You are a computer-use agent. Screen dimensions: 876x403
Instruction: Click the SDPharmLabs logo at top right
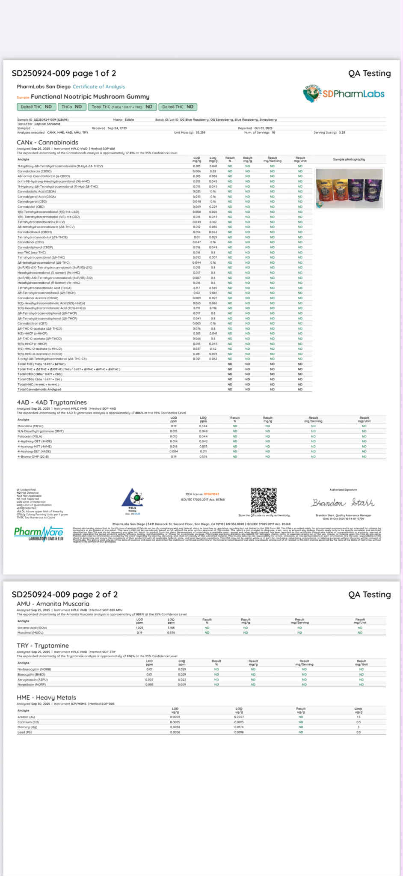click(x=344, y=93)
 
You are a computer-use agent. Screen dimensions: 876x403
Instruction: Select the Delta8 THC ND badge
click(x=178, y=107)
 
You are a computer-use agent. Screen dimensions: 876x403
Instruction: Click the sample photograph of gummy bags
click(x=349, y=188)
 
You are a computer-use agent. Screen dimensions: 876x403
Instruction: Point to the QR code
click(x=264, y=500)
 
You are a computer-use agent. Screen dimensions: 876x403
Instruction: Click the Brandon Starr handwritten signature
click(x=343, y=502)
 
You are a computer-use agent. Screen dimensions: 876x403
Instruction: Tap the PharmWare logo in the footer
click(x=39, y=533)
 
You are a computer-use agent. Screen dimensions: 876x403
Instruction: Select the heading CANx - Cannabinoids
click(x=47, y=142)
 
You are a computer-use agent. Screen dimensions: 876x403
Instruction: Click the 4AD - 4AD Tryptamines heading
click(x=52, y=402)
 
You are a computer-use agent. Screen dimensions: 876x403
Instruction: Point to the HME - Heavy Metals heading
click(x=46, y=697)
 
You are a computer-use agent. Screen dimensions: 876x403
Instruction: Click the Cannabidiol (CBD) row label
click(x=31, y=206)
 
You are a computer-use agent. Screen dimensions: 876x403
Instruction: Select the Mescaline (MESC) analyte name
click(x=30, y=426)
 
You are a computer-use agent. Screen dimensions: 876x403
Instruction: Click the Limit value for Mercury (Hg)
click(x=359, y=727)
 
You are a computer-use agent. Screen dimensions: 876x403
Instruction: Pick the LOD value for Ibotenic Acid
click(x=139, y=628)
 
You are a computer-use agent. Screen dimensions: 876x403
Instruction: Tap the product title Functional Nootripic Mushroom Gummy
click(x=90, y=97)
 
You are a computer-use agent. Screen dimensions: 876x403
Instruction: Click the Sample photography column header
click(x=349, y=159)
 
